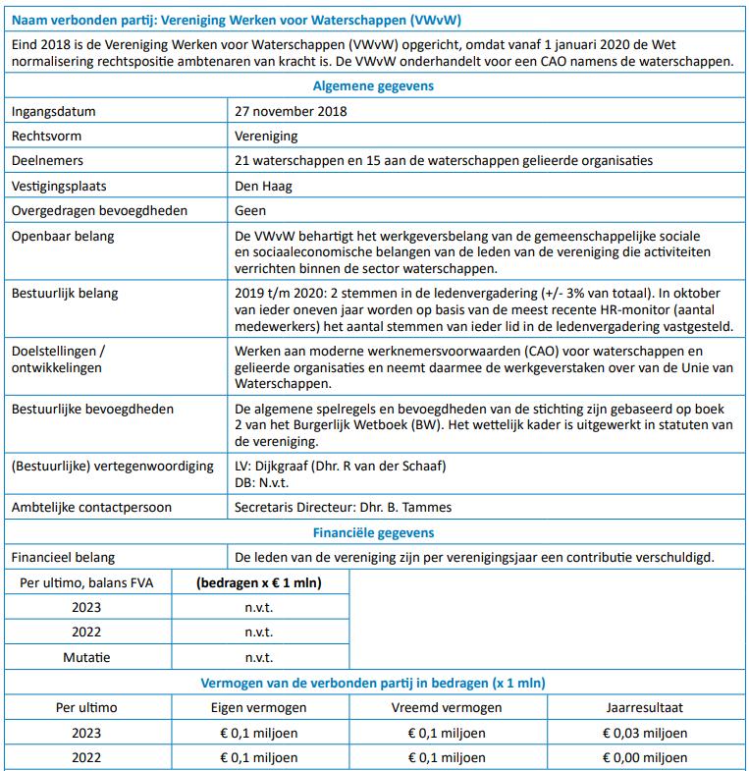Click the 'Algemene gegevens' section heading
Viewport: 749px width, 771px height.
click(x=373, y=85)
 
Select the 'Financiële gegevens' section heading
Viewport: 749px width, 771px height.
click(x=373, y=532)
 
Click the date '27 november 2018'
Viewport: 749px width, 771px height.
click(x=291, y=111)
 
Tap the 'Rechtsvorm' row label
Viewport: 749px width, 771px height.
click(x=44, y=136)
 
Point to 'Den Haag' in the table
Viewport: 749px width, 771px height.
click(x=263, y=186)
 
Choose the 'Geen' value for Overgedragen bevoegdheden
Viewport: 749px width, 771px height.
click(x=251, y=210)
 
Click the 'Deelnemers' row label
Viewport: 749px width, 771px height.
click(x=47, y=160)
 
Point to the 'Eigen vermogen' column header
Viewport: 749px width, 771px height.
click(x=259, y=707)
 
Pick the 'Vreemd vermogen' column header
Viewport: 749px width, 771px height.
click(x=448, y=707)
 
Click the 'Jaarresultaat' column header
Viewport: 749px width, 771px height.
click(x=645, y=707)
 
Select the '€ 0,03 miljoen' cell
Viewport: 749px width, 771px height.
click(x=645, y=733)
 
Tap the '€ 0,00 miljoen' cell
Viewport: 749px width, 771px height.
click(x=645, y=757)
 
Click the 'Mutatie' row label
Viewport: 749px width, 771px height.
click(x=86, y=657)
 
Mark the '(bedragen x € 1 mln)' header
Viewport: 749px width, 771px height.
click(x=259, y=582)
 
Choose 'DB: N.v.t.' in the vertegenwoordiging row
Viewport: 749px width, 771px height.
click(x=263, y=482)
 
